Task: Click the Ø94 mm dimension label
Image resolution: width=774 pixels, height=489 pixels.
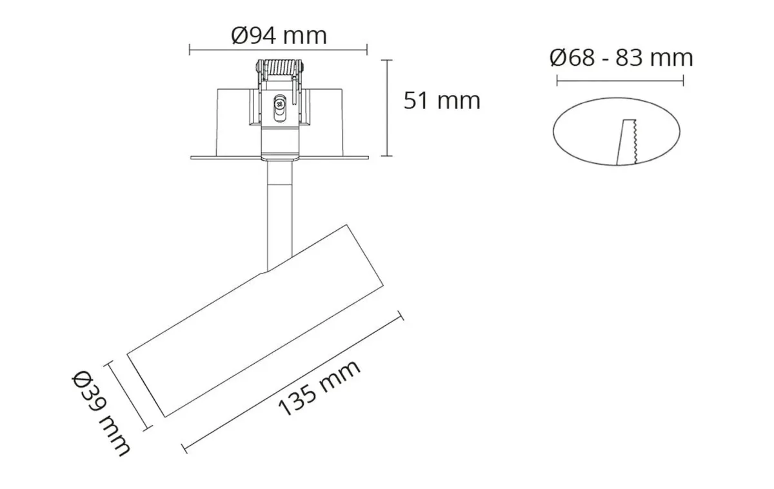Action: pyautogui.click(x=279, y=35)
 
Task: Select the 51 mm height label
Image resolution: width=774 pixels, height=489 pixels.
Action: pyautogui.click(x=442, y=101)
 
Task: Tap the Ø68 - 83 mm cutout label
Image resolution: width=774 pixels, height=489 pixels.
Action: pyautogui.click(x=621, y=58)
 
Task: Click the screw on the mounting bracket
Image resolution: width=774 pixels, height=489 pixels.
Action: pyautogui.click(x=279, y=103)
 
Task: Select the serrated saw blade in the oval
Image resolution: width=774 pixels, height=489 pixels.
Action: pyautogui.click(x=626, y=142)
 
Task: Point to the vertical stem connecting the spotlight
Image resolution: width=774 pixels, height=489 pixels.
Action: pyautogui.click(x=279, y=213)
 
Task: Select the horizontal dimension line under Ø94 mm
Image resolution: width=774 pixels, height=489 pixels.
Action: pyautogui.click(x=278, y=49)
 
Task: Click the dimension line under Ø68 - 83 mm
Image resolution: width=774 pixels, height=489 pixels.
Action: pyautogui.click(x=620, y=81)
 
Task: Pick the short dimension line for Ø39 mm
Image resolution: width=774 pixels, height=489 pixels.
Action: pyautogui.click(x=129, y=395)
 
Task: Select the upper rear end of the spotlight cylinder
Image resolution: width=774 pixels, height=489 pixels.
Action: pyautogui.click(x=368, y=258)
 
